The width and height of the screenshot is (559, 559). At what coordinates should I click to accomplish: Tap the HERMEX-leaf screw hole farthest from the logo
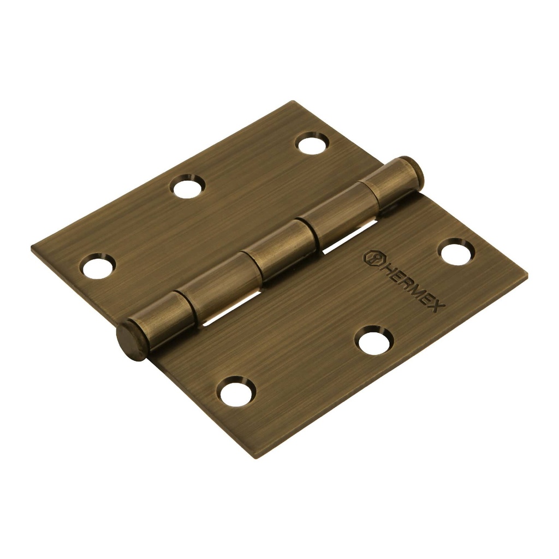(x=236, y=391)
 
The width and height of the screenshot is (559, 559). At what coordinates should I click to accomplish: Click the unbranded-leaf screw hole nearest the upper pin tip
(x=312, y=143)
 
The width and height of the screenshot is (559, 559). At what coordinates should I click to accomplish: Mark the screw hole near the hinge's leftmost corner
(x=98, y=267)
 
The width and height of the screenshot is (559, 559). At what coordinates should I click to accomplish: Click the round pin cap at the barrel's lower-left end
(x=131, y=340)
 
